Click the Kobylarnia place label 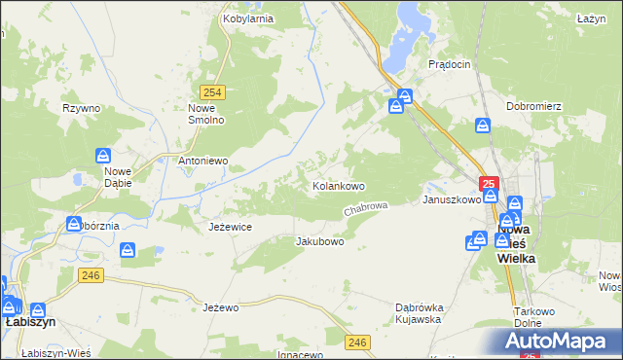(247, 18)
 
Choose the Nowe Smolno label (206, 114)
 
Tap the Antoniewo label (202, 161)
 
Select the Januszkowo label (451, 199)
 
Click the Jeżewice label (231, 227)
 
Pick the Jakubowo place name (320, 241)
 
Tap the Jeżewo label (221, 307)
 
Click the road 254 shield (215, 92)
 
